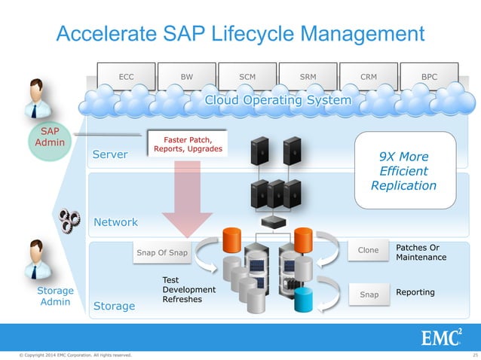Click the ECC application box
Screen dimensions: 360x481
click(127, 77)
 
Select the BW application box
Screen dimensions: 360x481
click(187, 77)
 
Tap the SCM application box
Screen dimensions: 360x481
click(247, 77)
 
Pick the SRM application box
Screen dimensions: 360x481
click(308, 77)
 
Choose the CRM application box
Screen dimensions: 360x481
click(369, 77)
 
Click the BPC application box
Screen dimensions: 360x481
click(429, 77)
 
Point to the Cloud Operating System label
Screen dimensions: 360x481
click(278, 100)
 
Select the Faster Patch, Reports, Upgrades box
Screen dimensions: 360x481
click(188, 143)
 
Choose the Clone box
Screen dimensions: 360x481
click(368, 251)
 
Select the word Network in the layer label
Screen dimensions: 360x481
click(115, 222)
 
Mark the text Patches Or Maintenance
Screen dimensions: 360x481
click(421, 252)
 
